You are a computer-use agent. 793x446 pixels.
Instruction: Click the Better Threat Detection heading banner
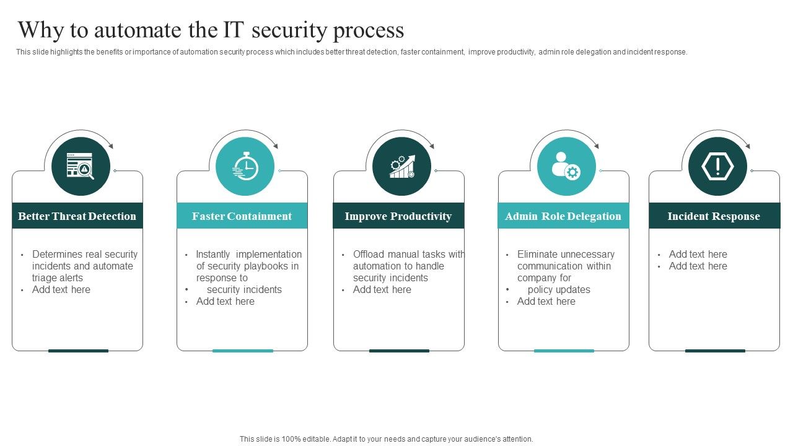[77, 216]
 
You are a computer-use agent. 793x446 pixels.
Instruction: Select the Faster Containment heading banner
[242, 216]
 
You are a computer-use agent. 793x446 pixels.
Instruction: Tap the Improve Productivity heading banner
[398, 216]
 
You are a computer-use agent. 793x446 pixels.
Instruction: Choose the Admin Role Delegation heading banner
[563, 216]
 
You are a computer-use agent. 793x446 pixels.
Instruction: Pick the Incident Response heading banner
[714, 216]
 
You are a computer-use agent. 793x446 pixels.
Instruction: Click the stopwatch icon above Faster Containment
[245, 166]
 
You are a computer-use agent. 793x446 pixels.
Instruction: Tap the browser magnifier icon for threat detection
[81, 166]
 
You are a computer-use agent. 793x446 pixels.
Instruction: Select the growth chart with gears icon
[402, 166]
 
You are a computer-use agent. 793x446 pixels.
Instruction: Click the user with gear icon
[566, 166]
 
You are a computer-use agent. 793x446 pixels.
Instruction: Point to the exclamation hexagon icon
[717, 166]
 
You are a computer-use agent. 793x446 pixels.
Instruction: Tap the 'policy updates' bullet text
[559, 289]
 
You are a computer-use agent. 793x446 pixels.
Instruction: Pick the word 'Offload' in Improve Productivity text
[369, 254]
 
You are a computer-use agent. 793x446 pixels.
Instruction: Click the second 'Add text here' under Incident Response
[698, 266]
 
